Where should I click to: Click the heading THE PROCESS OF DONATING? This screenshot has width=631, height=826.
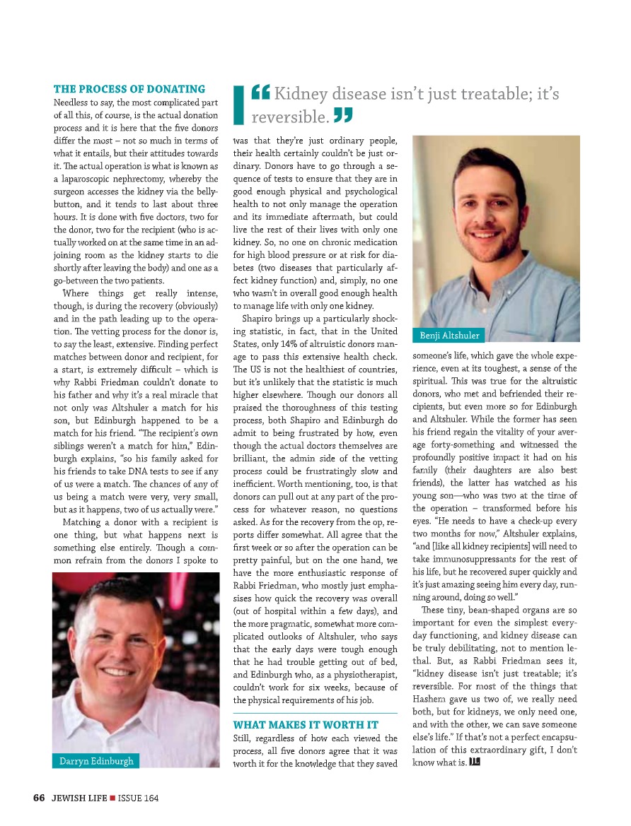[x=129, y=89]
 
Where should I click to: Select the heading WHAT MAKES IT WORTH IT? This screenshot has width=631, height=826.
[x=306, y=725]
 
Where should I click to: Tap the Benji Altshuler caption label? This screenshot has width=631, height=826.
[x=449, y=335]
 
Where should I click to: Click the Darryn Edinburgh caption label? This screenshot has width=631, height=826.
[x=95, y=761]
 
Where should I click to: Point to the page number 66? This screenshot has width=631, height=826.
[x=39, y=798]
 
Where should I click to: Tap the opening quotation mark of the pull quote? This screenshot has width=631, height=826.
[x=260, y=93]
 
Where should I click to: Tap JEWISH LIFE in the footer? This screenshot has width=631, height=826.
[x=79, y=798]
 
